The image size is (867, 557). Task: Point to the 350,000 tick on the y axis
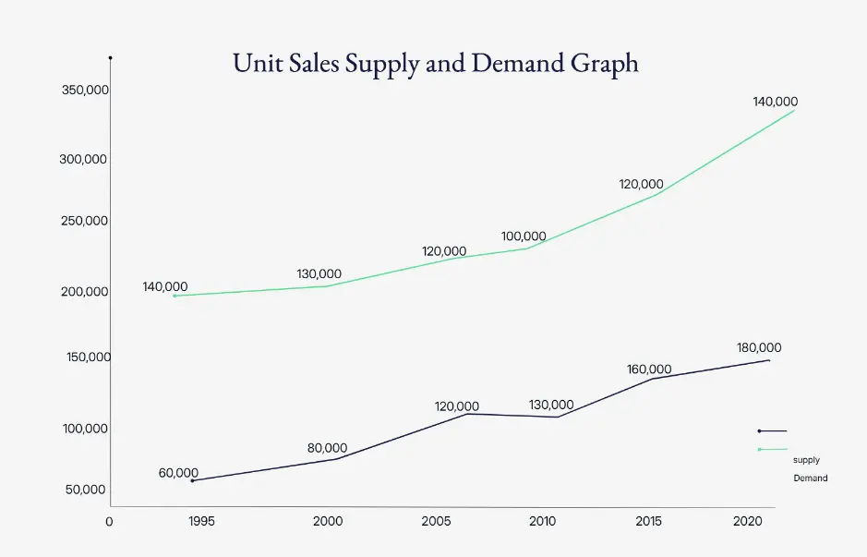point(84,91)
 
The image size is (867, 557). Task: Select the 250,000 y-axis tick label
point(84,222)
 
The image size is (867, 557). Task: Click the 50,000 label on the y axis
point(86,490)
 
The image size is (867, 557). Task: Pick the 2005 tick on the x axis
point(437,522)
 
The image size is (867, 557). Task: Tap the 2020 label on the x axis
point(748,522)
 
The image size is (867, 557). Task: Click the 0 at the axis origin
point(109,522)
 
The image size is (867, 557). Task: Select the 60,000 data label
point(178,473)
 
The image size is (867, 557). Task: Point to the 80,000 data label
point(327,449)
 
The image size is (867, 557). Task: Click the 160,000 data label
point(649,369)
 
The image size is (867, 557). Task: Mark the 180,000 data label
point(759,348)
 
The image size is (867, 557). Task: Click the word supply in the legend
point(806,459)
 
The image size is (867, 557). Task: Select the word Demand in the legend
point(811,478)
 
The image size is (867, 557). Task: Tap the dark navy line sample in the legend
point(773,430)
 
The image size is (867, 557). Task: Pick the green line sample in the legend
point(773,449)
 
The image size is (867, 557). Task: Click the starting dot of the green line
point(175,296)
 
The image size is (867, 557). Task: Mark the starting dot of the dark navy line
point(192,480)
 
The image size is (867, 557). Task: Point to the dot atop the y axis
point(110,58)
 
